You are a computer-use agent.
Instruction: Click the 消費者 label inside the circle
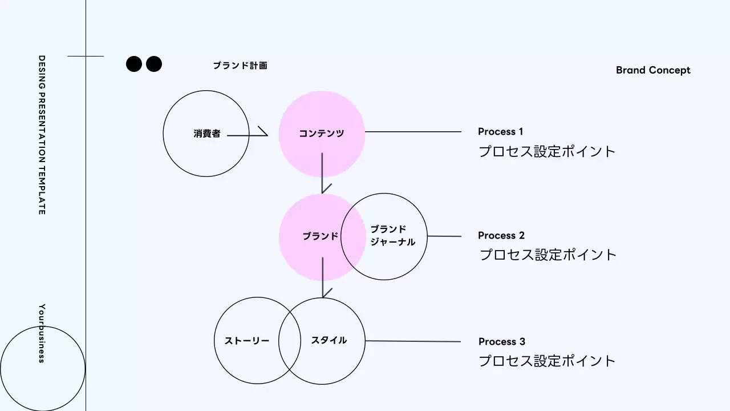(x=206, y=134)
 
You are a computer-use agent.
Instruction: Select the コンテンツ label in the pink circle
(x=322, y=134)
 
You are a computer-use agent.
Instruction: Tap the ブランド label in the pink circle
(x=320, y=236)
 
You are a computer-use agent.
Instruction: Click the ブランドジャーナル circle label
(x=392, y=236)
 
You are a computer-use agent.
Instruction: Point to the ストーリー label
(x=246, y=341)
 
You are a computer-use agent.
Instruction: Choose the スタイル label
(x=329, y=340)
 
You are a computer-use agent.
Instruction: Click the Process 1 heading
(x=500, y=132)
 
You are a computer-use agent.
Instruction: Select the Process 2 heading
(x=501, y=236)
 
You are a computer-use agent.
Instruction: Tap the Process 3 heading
(x=501, y=342)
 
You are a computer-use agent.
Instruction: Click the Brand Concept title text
(x=653, y=70)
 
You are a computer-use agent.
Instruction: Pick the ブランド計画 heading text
(x=240, y=66)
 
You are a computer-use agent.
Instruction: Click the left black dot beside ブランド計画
(x=133, y=64)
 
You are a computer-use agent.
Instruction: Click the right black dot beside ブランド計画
(x=153, y=64)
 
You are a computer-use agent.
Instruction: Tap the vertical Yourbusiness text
(x=42, y=333)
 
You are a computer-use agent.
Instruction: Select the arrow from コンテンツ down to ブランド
(x=323, y=171)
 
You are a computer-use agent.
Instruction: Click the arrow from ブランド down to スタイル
(x=323, y=277)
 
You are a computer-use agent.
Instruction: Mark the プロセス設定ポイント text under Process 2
(x=547, y=255)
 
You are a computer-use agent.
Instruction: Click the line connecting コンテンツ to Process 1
(x=413, y=132)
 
